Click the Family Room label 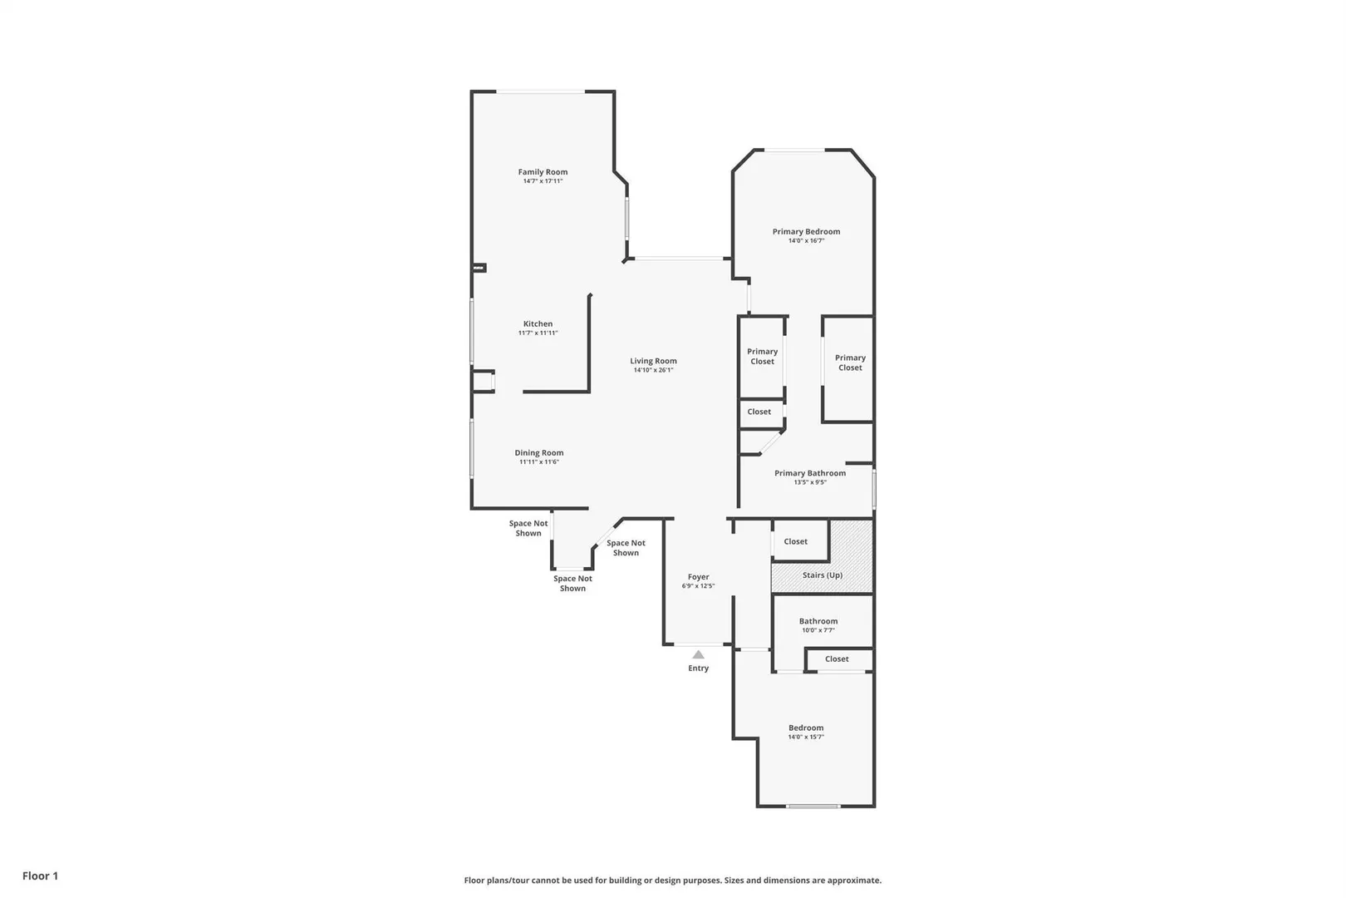[x=543, y=172]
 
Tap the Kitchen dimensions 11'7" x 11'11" [x=538, y=333]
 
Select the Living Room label [x=653, y=361]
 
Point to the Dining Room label [x=539, y=453]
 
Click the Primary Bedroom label [x=807, y=231]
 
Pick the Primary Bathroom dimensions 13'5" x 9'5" [x=810, y=481]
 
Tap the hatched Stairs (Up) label [x=823, y=575]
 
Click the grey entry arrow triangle [x=698, y=654]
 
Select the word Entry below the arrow [x=698, y=669]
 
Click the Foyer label [x=698, y=577]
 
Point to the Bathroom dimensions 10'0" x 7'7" [x=818, y=630]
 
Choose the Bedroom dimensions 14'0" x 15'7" [x=806, y=737]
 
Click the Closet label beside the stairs [x=796, y=541]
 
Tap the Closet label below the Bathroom [x=837, y=659]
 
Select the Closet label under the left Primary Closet [x=759, y=412]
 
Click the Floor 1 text [x=40, y=876]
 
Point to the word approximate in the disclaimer [x=854, y=880]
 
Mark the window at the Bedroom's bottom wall [x=813, y=806]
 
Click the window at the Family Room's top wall [x=540, y=91]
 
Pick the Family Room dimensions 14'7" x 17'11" [x=543, y=181]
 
